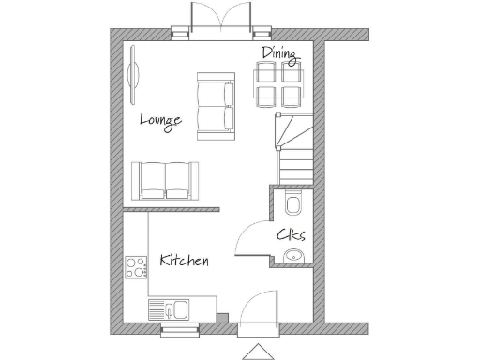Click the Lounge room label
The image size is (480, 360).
[160, 119]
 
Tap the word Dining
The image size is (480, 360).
[278, 55]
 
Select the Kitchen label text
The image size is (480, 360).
[184, 260]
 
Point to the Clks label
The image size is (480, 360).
[291, 235]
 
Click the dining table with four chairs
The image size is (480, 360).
[278, 84]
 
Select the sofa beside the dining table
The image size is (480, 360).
[215, 105]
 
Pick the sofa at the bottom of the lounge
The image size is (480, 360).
[165, 180]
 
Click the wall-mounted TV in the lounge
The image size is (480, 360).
[133, 75]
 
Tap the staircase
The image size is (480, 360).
[292, 148]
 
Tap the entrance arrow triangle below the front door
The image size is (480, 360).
[257, 352]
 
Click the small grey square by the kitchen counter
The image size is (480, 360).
[221, 317]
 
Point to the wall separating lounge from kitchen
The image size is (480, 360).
[172, 209]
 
